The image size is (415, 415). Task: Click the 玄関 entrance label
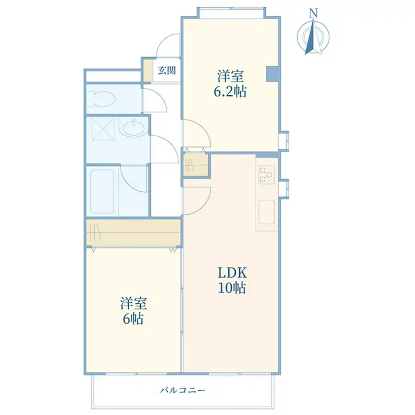point(167,71)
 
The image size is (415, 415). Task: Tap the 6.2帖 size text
point(230,91)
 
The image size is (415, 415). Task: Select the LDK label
point(232,273)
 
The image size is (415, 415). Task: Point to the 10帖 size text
point(232,288)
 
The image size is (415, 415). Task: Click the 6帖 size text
point(133,319)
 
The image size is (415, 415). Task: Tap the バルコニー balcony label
point(183,390)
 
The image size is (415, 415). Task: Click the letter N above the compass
point(313,13)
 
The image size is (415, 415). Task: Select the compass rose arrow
point(313,36)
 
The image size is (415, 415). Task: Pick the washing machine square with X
point(103,129)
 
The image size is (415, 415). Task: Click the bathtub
point(102,191)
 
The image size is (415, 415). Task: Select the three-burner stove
point(266,174)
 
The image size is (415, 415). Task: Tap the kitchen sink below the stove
point(266,212)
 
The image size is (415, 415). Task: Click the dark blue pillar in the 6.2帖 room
point(272,74)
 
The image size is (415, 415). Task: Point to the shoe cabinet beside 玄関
point(148,71)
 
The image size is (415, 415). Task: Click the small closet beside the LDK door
point(195,164)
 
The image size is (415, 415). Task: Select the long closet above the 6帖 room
point(133,232)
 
